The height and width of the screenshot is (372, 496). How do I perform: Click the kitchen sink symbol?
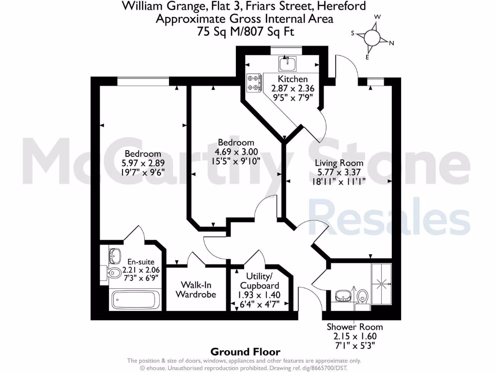pos(287,63)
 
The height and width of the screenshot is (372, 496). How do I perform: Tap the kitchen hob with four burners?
pos(253,82)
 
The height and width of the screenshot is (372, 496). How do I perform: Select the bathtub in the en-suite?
pos(135,300)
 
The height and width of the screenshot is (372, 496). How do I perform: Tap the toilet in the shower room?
pos(362,296)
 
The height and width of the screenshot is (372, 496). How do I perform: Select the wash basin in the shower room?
pos(343,294)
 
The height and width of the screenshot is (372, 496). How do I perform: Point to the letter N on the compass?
pos(391,43)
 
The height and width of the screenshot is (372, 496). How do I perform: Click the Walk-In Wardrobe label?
pos(196,289)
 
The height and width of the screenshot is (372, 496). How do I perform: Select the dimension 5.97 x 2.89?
pos(141,163)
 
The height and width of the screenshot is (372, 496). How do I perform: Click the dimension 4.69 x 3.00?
pos(236,152)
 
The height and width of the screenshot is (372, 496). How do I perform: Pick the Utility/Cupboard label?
pos(259,281)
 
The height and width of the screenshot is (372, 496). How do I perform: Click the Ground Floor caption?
pos(245,352)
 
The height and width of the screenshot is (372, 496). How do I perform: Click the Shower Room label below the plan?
pos(355,327)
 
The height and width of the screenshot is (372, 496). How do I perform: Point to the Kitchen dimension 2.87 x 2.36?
pos(293,88)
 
